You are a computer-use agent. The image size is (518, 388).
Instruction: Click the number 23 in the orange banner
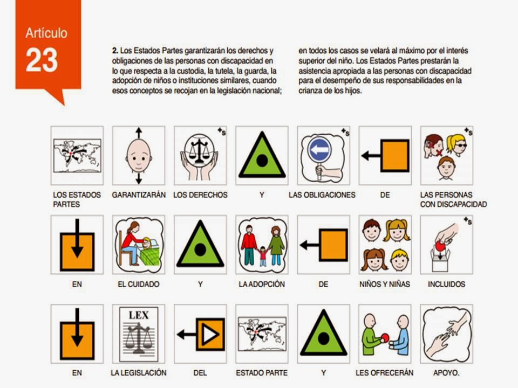pos(42,60)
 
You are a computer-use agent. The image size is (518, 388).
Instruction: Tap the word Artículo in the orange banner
pos(46,33)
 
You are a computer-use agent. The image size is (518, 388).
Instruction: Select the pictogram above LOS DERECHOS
pos(200,155)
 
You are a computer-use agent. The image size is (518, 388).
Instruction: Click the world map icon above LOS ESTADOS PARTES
pos(77,155)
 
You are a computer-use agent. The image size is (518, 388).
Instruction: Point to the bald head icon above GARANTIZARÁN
pos(139,155)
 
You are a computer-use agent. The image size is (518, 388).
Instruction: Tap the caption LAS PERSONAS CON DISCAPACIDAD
pos(453,199)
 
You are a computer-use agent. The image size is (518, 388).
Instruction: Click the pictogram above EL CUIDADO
pos(139,245)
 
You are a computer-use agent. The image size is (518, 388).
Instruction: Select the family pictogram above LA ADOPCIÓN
pos(262,245)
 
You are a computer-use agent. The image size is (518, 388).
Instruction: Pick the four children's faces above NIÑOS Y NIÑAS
pos(385,245)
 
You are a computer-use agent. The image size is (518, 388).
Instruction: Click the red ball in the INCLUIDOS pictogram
pos(440,246)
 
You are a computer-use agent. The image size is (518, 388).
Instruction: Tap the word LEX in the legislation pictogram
pos(139,315)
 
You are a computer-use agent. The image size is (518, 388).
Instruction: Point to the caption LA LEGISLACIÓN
pos(139,373)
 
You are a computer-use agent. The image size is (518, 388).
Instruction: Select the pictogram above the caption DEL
pos(200,334)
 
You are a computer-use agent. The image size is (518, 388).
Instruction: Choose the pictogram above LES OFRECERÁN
pos(385,334)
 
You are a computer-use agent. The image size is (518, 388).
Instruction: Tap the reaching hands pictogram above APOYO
pos(446,334)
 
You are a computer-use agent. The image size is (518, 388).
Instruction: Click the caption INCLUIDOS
pos(446,284)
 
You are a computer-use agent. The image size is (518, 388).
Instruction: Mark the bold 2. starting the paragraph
pos(115,51)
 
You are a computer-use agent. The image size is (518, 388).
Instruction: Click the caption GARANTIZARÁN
pos(139,195)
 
